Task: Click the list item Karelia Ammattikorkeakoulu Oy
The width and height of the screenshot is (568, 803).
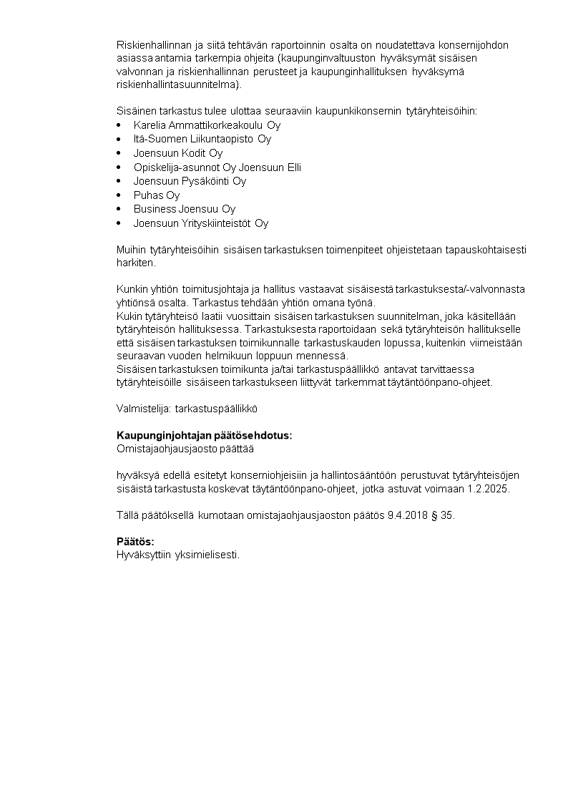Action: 207,125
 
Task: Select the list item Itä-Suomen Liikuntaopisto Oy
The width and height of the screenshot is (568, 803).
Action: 202,139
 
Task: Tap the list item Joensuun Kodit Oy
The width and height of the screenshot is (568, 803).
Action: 178,153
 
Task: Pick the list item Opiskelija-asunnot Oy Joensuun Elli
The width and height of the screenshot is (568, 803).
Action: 217,167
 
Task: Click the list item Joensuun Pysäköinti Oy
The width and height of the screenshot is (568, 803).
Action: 190,181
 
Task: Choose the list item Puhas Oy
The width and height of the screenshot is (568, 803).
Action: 157,195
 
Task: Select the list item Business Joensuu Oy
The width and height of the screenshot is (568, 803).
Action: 185,209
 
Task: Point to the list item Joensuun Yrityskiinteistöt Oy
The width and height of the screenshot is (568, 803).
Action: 201,223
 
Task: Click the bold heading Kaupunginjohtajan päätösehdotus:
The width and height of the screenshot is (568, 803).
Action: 204,436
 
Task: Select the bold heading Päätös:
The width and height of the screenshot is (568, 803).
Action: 135,541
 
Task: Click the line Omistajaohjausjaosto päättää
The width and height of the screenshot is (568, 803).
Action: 185,449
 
